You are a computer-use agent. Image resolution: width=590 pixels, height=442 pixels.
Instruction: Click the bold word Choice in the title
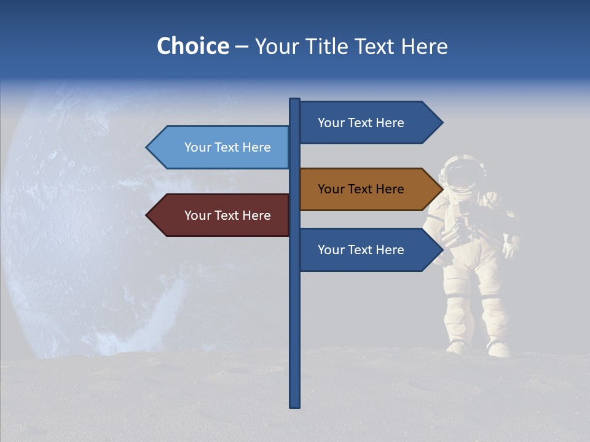[x=192, y=46]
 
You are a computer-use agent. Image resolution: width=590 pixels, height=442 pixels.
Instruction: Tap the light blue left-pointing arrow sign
[x=221, y=147]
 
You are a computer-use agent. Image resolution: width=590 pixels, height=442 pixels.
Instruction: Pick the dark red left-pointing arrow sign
[x=221, y=215]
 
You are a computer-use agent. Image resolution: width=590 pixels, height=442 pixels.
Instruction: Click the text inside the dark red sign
[x=227, y=215]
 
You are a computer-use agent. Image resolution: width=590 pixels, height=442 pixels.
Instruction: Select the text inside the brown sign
[x=361, y=189]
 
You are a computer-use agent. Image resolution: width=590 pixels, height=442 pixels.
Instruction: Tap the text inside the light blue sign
[x=227, y=147]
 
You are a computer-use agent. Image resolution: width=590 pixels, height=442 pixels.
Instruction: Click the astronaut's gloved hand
[x=510, y=249]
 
